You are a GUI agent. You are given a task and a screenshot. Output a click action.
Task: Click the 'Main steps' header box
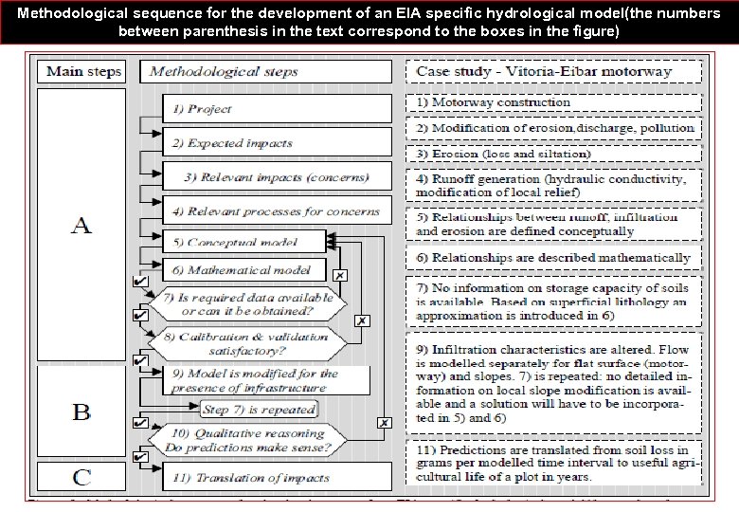pos(84,72)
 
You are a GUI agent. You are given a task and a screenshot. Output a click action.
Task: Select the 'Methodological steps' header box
pos(265,72)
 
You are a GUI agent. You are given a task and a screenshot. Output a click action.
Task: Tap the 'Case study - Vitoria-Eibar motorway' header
pos(554,72)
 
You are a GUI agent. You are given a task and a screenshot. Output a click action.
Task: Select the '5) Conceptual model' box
pos(243,243)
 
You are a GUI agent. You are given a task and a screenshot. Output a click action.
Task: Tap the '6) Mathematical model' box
pos(243,270)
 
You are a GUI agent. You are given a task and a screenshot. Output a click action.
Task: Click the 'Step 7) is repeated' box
pos(258,410)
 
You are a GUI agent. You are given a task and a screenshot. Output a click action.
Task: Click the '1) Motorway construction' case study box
pos(554,102)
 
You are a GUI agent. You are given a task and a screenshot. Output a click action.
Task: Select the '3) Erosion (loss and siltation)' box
pos(554,154)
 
